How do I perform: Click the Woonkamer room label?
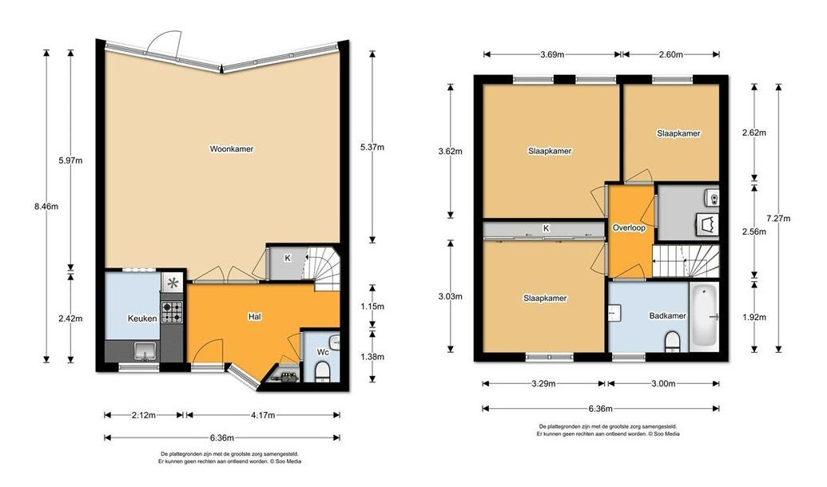[x=232, y=149]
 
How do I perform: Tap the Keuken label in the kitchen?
[x=142, y=319]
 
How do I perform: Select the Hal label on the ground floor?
[x=255, y=317]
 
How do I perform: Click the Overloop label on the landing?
[x=629, y=228]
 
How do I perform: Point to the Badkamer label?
[x=667, y=315]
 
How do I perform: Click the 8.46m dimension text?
[x=46, y=207]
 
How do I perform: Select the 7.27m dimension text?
[x=778, y=218]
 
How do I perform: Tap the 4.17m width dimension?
[x=263, y=415]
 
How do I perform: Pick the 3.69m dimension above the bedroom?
[x=552, y=54]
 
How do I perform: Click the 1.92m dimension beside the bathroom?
[x=753, y=317]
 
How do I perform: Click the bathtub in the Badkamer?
[x=705, y=317]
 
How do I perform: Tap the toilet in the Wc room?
[x=322, y=371]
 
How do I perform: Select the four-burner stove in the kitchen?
[x=172, y=311]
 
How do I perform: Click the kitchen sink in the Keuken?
[x=145, y=350]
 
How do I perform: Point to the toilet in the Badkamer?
[x=673, y=341]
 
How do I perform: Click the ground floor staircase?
[x=323, y=269]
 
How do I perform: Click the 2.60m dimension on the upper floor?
[x=671, y=54]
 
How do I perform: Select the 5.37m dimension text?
[x=372, y=147]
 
